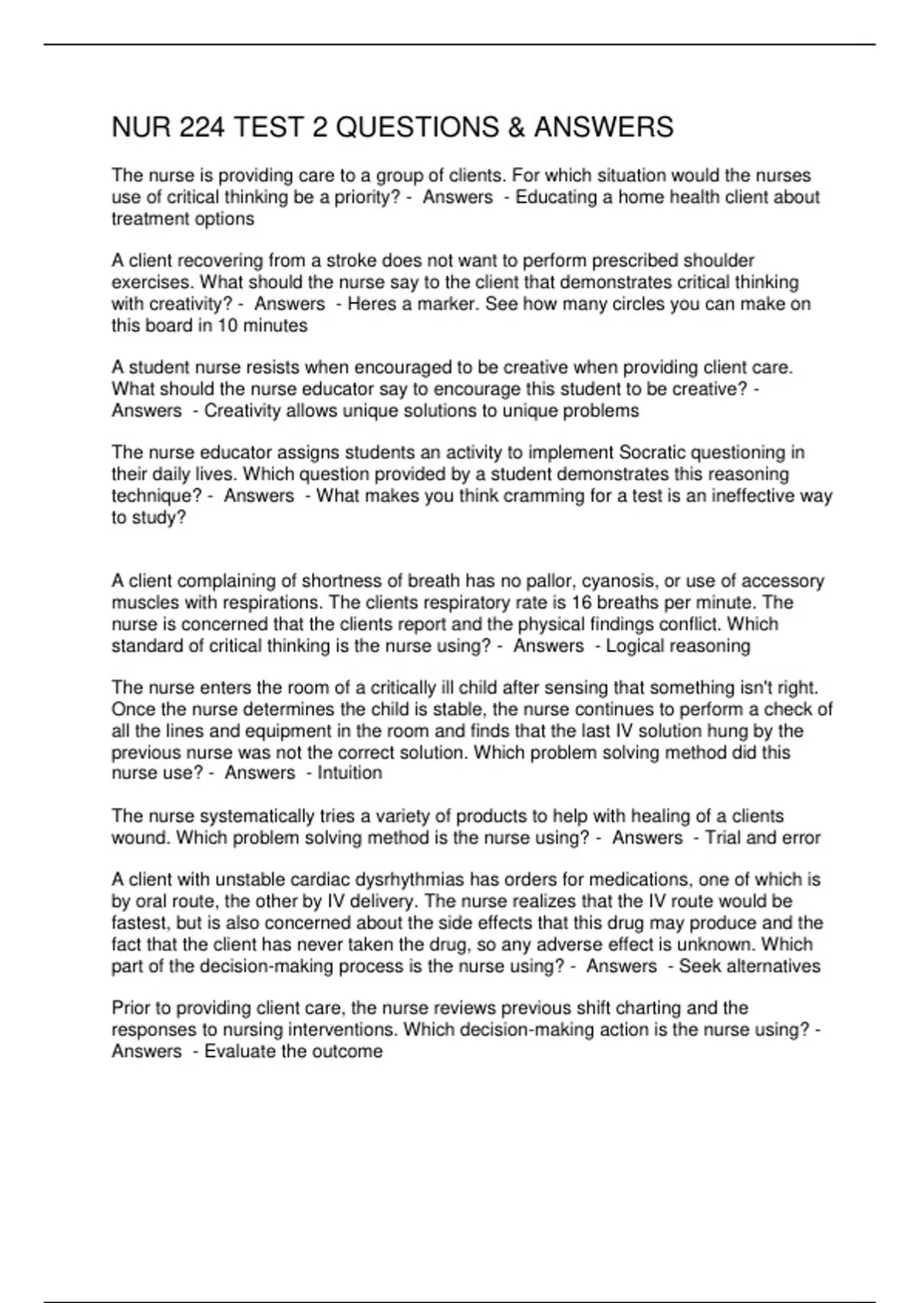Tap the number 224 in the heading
pyautogui.click(x=202, y=127)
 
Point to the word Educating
pyautogui.click(x=555, y=198)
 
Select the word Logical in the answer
pyautogui.click(x=635, y=646)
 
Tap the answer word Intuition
pyautogui.click(x=350, y=773)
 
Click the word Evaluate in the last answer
pyautogui.click(x=238, y=1052)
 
